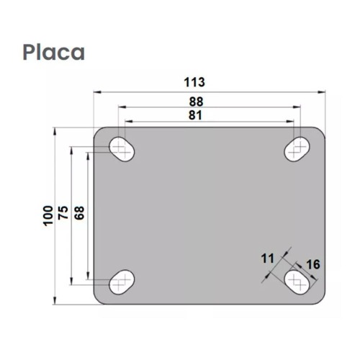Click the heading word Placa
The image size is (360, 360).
click(54, 53)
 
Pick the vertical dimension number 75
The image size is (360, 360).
click(63, 215)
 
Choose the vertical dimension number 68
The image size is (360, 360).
click(79, 215)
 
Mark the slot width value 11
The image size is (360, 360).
click(268, 257)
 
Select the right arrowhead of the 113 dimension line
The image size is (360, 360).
click(322, 91)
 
